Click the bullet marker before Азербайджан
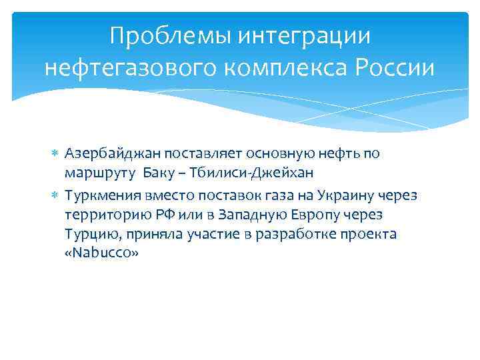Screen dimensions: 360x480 point(57,153)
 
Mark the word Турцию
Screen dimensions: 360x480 point(91,235)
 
